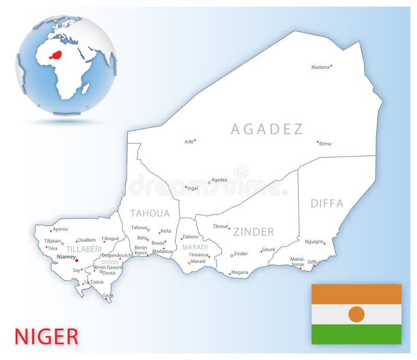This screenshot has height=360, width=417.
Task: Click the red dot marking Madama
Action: click(x=331, y=66)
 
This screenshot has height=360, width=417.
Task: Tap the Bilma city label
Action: click(x=325, y=143)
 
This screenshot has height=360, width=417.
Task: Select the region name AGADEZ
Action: click(x=267, y=129)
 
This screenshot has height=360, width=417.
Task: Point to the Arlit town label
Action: click(x=189, y=141)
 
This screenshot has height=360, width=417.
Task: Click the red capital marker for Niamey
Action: click(x=77, y=259)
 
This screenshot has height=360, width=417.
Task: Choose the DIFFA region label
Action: click(x=327, y=203)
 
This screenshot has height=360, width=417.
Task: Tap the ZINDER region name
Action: click(x=253, y=232)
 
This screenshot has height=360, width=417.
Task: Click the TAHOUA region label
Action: click(x=150, y=213)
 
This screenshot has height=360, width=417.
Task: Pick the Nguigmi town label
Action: click(x=314, y=242)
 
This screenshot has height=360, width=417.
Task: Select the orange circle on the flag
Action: click(x=357, y=314)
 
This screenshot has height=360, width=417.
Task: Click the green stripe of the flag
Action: click(x=357, y=334)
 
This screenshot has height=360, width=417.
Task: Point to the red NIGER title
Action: click(x=46, y=337)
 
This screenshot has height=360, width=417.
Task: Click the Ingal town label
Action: click(x=193, y=188)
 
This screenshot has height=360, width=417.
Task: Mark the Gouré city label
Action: click(x=268, y=249)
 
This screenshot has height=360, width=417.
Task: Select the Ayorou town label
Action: click(x=60, y=229)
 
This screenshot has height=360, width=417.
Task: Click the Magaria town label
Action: click(x=240, y=272)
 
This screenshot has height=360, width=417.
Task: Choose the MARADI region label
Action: click(x=195, y=247)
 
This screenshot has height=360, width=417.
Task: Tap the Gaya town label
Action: click(x=107, y=295)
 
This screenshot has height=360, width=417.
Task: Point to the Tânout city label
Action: click(x=220, y=226)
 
